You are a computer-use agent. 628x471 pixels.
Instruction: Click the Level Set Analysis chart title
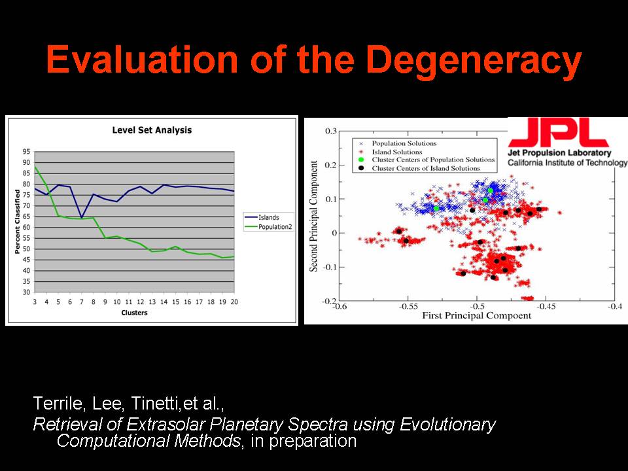click(x=152, y=130)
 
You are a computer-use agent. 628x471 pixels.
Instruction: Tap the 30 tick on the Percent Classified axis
click(x=26, y=292)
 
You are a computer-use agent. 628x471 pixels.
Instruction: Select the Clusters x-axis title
click(x=134, y=313)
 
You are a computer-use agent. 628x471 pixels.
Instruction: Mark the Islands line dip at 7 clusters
click(x=81, y=218)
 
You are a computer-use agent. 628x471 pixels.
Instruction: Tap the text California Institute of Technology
click(x=567, y=163)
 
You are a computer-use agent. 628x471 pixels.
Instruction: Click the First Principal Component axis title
click(x=476, y=315)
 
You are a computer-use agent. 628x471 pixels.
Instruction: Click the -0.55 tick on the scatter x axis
click(x=408, y=305)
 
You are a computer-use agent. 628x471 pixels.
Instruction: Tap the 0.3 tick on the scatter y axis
click(x=330, y=131)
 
